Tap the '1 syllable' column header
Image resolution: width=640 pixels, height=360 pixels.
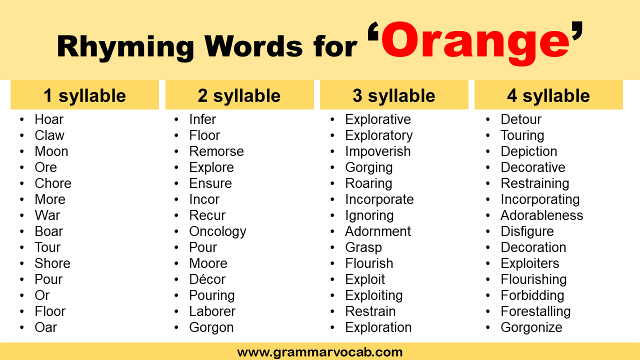pos(84,95)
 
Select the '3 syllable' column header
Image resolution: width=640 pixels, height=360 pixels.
pos(393,95)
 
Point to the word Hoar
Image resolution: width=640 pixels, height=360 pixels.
pos(49,119)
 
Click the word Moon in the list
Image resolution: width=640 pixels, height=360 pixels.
pos(51,151)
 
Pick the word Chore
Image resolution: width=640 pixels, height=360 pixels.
pos(52,183)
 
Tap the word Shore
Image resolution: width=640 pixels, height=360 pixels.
pos(52,263)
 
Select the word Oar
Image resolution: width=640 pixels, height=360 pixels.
pos(45,327)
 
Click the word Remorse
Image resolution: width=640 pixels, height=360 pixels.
pos(216,151)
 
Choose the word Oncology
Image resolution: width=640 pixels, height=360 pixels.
pos(217,231)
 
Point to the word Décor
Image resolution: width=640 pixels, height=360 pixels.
pos(207,279)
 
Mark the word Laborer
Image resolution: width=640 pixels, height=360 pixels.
pos(212,311)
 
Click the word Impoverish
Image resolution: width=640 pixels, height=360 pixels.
pos(377,151)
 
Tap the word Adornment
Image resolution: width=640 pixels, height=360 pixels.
pos(377,231)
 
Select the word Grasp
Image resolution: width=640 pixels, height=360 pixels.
pos(363,247)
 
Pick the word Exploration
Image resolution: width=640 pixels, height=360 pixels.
pos(378,327)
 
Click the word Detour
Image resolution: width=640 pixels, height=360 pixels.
pos(521,119)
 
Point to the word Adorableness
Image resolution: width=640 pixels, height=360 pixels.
pos(541,215)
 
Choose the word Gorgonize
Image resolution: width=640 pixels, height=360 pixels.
pos(531,327)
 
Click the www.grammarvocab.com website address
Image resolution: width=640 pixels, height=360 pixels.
pos(320,352)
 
